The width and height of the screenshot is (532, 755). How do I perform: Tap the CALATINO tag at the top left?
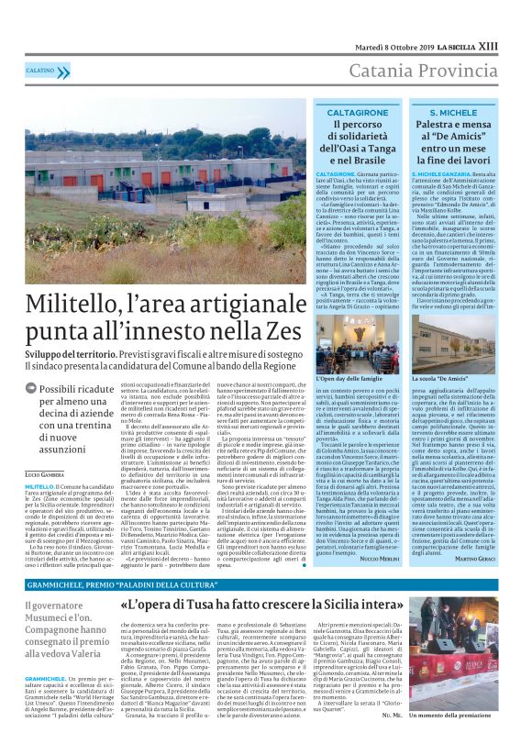(40, 70)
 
